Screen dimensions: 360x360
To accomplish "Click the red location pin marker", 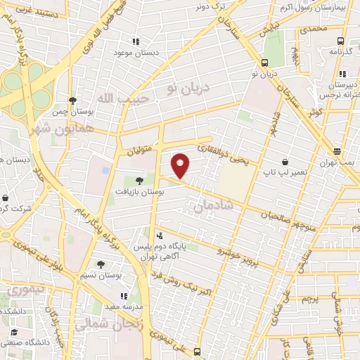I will [181, 165].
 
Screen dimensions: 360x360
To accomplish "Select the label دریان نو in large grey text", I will [184, 87].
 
